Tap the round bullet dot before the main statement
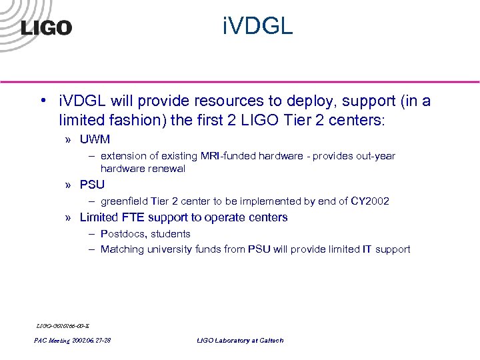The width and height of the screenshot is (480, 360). click(41, 101)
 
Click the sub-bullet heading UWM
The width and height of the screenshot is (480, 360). click(95, 140)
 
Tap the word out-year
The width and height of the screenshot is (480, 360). click(376, 156)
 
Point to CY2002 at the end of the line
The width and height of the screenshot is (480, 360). click(370, 201)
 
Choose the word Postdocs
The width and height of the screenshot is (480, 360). click(121, 234)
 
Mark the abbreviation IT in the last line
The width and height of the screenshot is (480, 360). click(367, 249)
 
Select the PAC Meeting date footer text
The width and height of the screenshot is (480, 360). click(72, 341)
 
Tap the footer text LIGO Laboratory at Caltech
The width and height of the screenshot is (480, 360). click(239, 341)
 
